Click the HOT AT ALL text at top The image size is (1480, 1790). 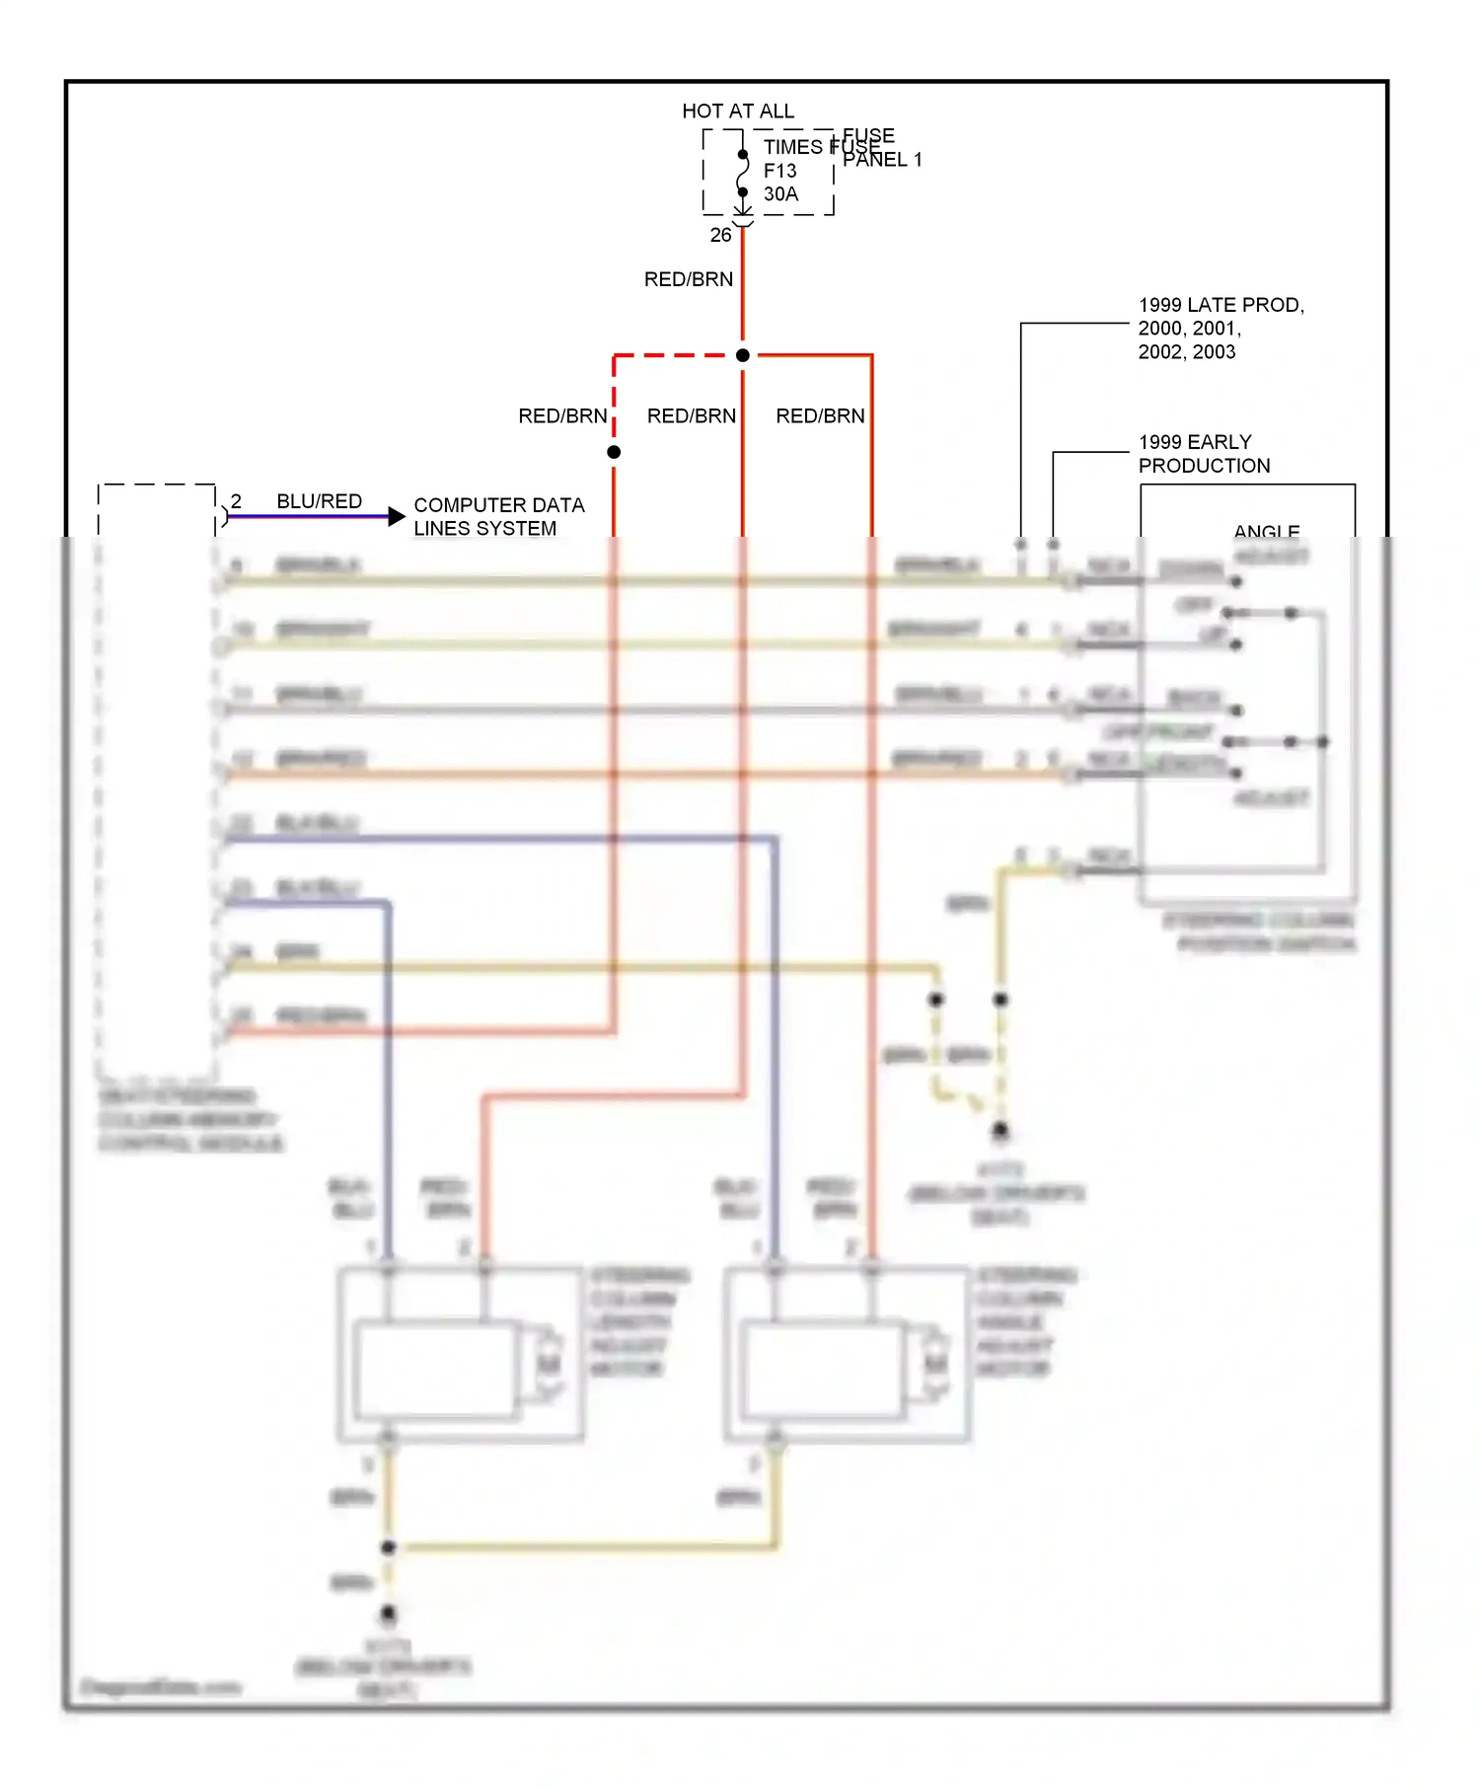coord(737,112)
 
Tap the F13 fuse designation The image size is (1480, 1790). coord(779,171)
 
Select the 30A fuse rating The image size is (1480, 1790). coord(780,194)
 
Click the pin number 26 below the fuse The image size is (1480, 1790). coord(720,235)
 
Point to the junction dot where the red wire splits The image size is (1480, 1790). coord(743,355)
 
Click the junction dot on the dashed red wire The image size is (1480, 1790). coord(614,452)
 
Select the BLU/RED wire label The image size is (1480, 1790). coord(319,501)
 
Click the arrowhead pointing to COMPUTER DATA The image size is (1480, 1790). coord(396,516)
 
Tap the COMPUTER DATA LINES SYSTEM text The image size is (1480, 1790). coord(498,517)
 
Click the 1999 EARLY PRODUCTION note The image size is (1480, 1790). coord(1204,454)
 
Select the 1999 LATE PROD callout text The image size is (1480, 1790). coord(1221,329)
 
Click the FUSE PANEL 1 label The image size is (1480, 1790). coord(881,148)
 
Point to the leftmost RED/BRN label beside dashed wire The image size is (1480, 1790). coord(562,416)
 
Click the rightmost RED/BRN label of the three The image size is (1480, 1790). coord(820,416)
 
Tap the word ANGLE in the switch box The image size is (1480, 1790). coord(1266,531)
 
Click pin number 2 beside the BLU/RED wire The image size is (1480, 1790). coord(236,501)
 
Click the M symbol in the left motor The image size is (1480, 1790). coord(549,1365)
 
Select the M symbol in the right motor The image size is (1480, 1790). coord(935,1365)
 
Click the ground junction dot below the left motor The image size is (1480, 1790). coord(388,1547)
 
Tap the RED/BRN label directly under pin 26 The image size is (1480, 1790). coord(688,279)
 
